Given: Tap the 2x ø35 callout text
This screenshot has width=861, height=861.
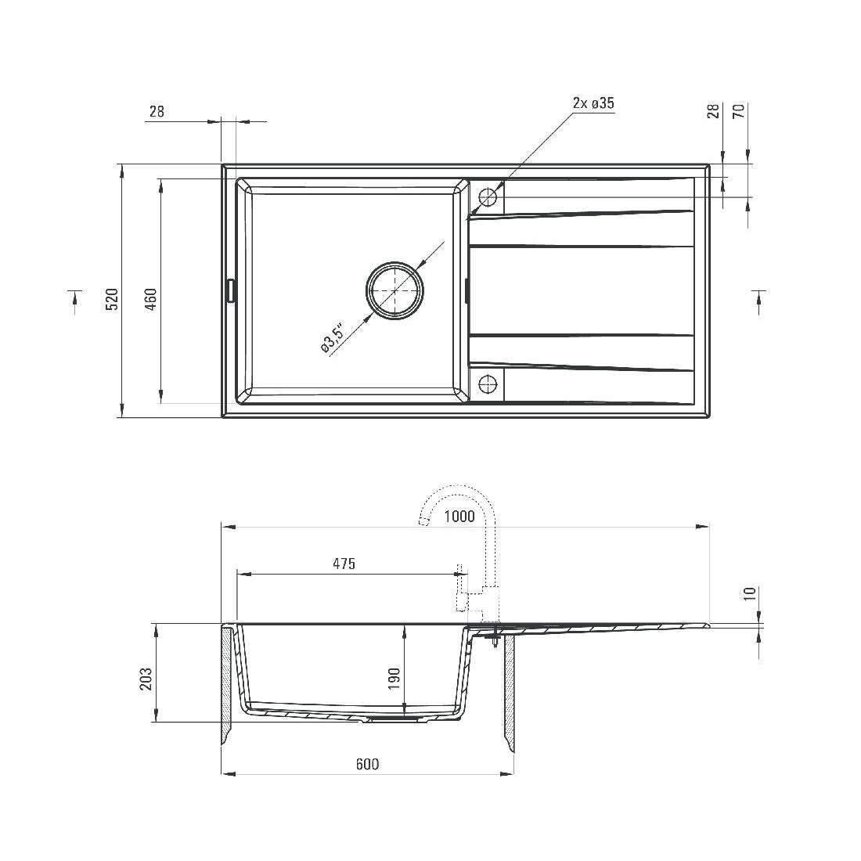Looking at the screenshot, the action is coord(593,103).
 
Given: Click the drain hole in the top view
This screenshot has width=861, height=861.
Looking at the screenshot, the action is coord(394,290).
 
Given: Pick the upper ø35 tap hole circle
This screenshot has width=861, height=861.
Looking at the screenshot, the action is coord(488,196).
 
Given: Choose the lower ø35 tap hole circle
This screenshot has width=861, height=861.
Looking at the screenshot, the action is coord(488,384).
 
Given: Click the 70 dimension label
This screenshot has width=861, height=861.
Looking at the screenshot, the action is coord(739,111).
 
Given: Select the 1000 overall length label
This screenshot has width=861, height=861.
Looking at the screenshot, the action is coord(459,516).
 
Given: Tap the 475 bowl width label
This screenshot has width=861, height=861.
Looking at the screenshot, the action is coord(344,564).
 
